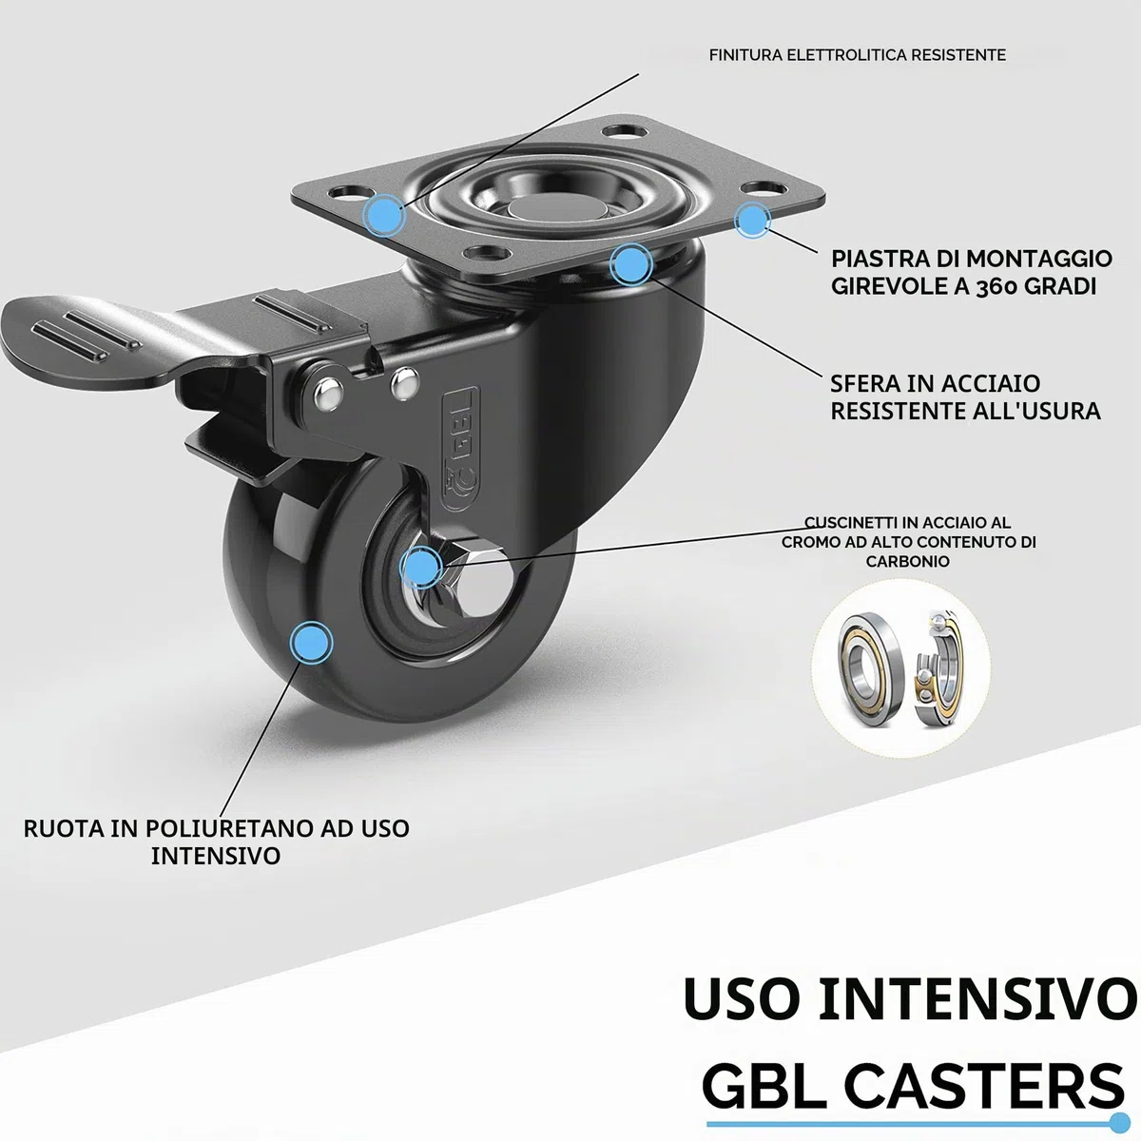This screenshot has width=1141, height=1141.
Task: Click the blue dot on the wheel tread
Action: pos(312,643)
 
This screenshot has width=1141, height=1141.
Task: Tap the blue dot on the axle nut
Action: pos(421,568)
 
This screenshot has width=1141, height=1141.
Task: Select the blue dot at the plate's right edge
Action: pos(752,221)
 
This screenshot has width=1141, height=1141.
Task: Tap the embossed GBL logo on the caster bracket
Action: pos(460,449)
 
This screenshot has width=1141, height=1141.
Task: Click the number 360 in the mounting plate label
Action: pos(996,286)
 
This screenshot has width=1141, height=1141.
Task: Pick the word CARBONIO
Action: pos(908,561)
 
